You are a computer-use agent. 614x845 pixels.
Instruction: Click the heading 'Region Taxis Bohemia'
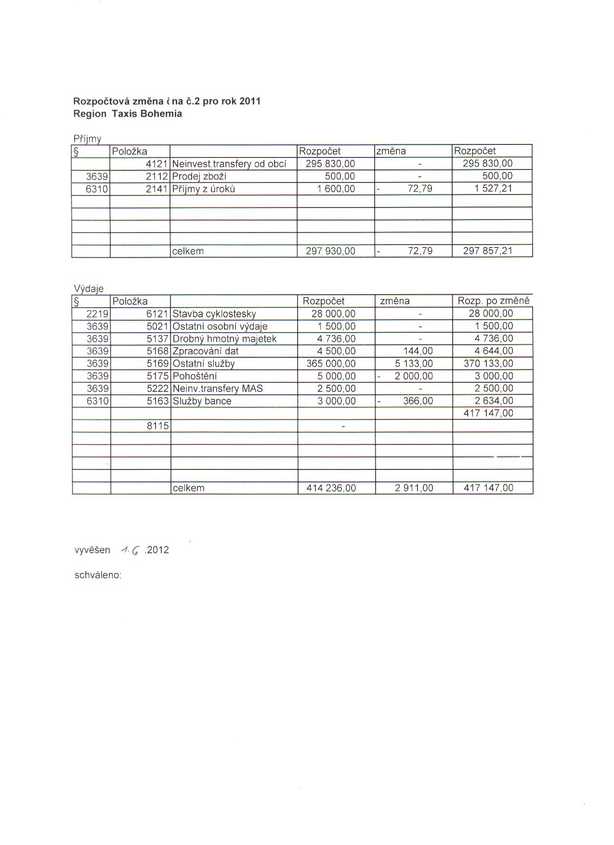pos(128,114)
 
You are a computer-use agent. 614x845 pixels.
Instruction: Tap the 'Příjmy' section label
pos(87,139)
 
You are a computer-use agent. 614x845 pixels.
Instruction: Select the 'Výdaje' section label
pos(89,288)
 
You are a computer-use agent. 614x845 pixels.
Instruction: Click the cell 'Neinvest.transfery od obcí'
pos(229,164)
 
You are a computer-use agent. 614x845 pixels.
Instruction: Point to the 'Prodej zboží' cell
pos(199,176)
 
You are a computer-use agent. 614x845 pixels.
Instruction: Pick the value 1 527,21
pos(493,189)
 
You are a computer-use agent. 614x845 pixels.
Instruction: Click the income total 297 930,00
pos(330,251)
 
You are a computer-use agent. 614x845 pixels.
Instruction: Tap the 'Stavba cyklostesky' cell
pos(214,314)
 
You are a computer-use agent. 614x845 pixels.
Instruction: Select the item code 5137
pos(157,339)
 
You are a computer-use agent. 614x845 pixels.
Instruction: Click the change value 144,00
pos(418,351)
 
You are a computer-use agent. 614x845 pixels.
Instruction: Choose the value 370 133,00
pos(488,364)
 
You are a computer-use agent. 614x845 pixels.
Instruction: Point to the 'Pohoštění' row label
pos(195,377)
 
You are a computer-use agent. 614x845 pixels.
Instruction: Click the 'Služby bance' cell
pos(202,402)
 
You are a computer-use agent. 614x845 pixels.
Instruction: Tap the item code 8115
pos(157,426)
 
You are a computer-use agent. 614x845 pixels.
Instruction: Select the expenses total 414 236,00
pos(331,488)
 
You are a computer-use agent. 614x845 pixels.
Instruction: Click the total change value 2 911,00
pos(414,488)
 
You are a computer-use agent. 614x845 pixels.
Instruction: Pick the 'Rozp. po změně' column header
pos(493,301)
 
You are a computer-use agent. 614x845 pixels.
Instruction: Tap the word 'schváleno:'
pos(98,575)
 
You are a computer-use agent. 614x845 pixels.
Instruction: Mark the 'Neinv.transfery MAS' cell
pos(218,389)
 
